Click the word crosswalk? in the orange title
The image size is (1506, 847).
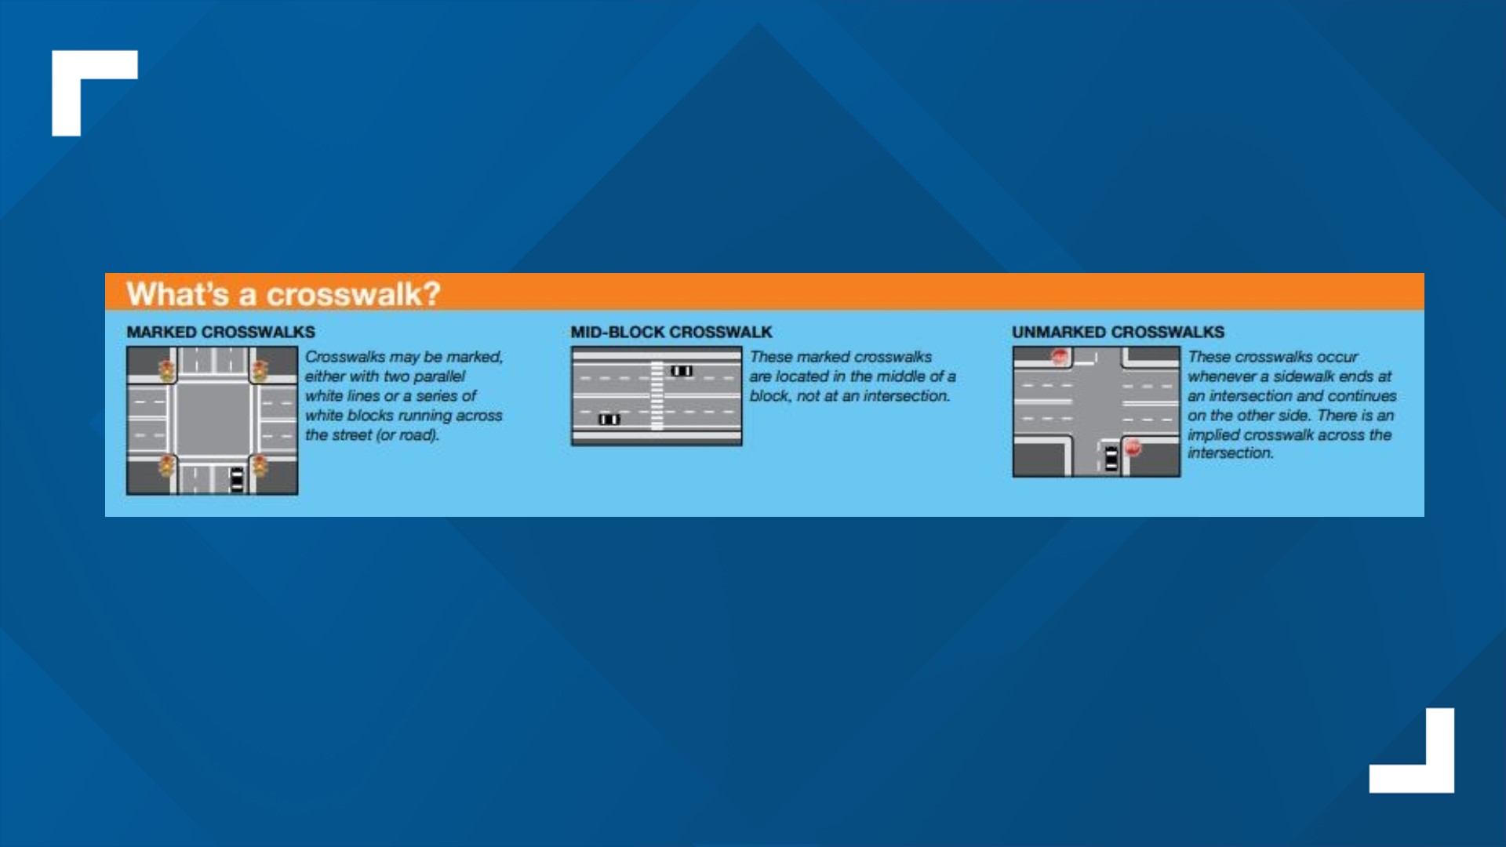coord(354,295)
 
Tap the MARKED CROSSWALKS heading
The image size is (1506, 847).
coord(220,332)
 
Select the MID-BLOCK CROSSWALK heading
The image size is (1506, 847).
coord(671,332)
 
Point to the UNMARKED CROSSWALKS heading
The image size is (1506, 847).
coord(1118,332)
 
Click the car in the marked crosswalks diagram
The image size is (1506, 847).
coord(237,479)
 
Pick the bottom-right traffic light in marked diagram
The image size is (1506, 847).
coord(260,466)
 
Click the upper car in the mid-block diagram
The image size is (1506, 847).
coord(682,371)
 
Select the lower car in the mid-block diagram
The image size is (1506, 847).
coord(609,420)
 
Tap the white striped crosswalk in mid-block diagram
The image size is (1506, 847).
coord(657,396)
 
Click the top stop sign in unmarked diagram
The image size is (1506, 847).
coord(1060,358)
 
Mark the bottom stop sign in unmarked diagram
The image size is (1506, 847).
coord(1133,448)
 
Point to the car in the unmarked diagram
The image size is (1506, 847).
coord(1111,458)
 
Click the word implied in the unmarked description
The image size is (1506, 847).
coord(1213,435)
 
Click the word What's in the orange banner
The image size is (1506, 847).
coord(178,295)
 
